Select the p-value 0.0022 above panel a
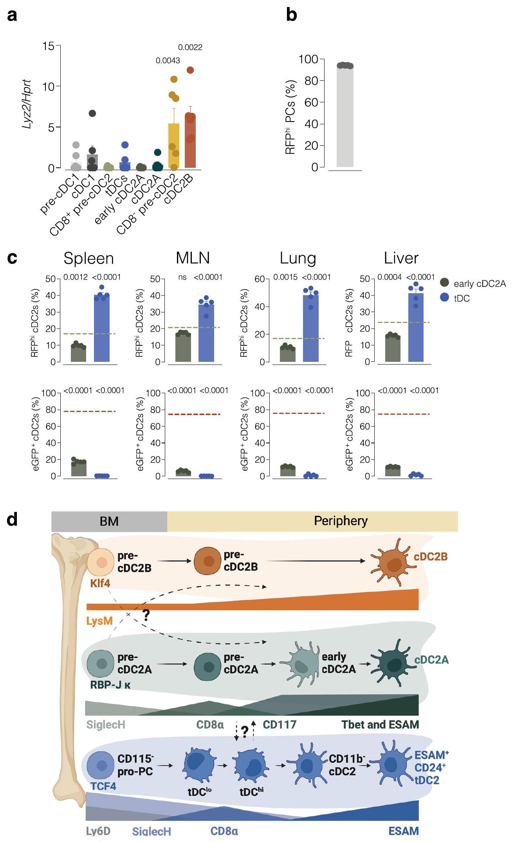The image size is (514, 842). tap(190, 47)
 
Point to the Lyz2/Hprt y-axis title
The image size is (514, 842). tap(27, 105)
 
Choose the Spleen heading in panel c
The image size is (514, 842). tap(88, 258)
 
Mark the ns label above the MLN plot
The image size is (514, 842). tap(182, 277)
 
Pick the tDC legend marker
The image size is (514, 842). tap(444, 298)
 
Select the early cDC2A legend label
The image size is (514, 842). tap(480, 283)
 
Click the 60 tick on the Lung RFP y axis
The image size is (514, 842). tap(260, 279)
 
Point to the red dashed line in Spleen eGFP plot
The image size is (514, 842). tap(90, 411)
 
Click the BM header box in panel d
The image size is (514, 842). tap(109, 521)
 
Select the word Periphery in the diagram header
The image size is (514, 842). tap(341, 521)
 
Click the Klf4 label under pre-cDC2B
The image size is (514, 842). tap(100, 583)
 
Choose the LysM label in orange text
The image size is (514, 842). tap(99, 621)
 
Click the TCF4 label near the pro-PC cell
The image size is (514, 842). tap(103, 786)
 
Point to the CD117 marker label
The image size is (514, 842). tap(279, 724)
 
